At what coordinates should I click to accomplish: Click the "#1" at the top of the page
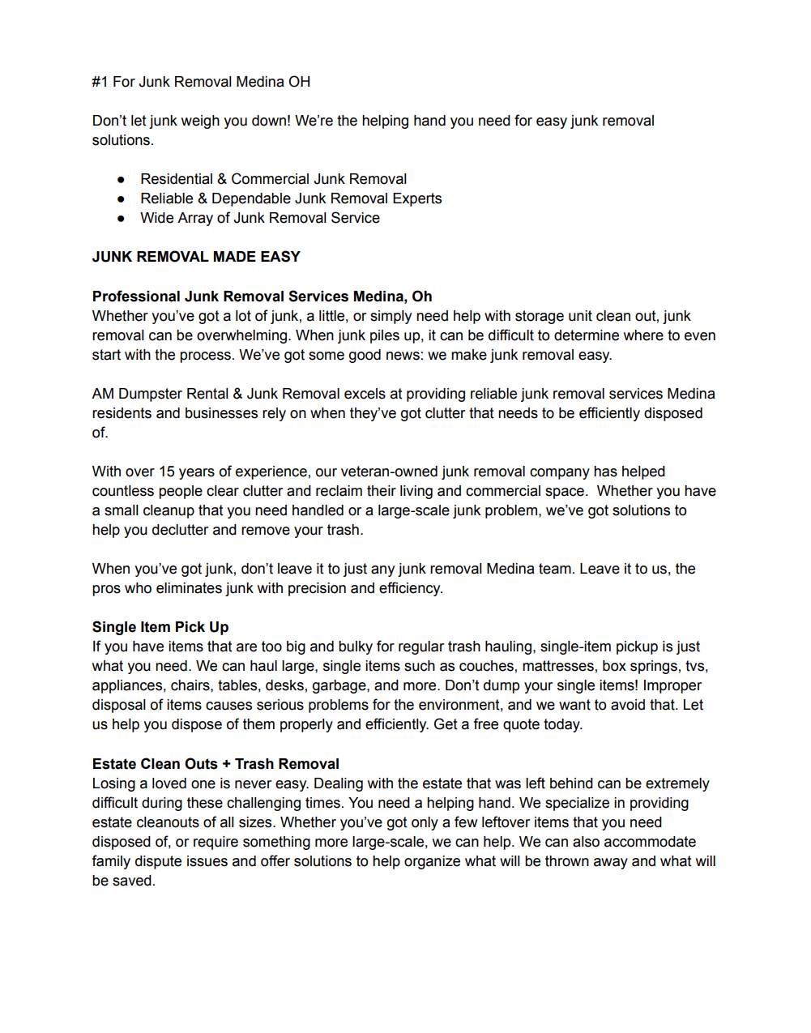tap(100, 82)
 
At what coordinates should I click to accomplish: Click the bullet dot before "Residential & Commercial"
tap(121, 179)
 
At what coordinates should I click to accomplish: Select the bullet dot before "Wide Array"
tap(121, 218)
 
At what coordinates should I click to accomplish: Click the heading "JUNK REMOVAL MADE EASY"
tap(196, 257)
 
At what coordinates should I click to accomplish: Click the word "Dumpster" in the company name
tap(150, 394)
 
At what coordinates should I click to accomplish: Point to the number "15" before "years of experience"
tap(166, 472)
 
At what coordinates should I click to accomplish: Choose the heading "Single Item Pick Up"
tap(160, 627)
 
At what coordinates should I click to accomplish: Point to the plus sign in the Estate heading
tap(226, 764)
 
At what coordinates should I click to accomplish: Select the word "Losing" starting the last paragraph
tap(113, 783)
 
